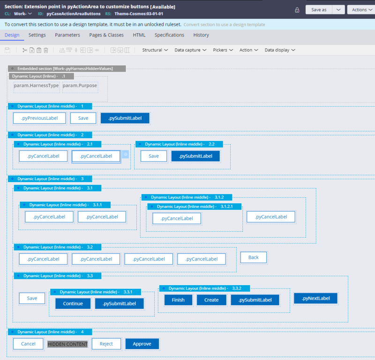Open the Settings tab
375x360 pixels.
(37, 35)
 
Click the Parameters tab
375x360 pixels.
(67, 35)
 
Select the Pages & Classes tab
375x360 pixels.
(106, 35)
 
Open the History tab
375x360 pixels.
(201, 35)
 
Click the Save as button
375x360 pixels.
(319, 10)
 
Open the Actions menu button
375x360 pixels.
(361, 10)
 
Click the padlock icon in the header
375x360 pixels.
(297, 10)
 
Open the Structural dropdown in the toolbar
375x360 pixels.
(155, 50)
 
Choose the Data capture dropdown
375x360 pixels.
(190, 50)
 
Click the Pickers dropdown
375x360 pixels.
(223, 50)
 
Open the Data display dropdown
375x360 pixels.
(280, 50)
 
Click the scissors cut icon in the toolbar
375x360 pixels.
(25, 50)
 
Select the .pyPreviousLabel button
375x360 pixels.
(39, 118)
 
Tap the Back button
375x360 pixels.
(254, 257)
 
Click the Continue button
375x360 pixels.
(73, 303)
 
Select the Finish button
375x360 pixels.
(178, 300)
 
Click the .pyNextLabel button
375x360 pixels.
(315, 298)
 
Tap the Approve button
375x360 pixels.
(142, 344)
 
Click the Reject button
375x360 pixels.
(106, 344)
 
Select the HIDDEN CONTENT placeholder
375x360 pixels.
(67, 344)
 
